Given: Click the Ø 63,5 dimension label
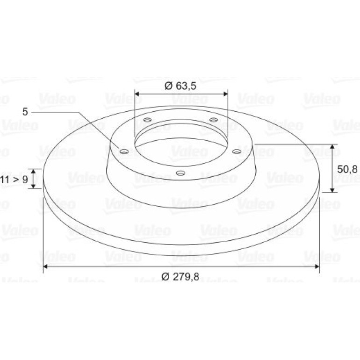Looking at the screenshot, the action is tap(180, 86).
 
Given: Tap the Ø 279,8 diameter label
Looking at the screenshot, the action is tap(180, 276).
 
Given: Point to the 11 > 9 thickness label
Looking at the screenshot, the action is tap(14, 179).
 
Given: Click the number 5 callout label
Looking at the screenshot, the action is tap(25, 112).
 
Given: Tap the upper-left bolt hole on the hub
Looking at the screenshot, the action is tap(147, 120).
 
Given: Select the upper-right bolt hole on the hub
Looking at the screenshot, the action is tap(214, 120).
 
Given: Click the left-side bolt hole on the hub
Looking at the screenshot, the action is tap(124, 151).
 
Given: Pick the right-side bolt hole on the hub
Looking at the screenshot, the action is tap(237, 151).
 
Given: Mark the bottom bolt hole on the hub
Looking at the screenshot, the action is tap(180, 173).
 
